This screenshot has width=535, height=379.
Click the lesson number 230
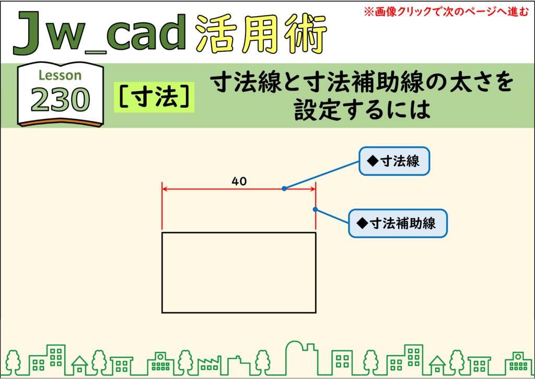pos(61,100)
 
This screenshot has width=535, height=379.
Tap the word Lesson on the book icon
pos(60,75)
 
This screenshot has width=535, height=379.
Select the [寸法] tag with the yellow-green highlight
pos(154,97)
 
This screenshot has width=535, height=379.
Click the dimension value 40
pos(239,181)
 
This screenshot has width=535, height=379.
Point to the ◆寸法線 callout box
pos(394,161)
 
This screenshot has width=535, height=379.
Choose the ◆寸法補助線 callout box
pos(398,223)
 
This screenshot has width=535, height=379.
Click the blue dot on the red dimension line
pos(284,188)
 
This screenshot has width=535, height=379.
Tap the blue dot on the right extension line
pos(315,209)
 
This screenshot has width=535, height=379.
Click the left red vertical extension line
pos(162,206)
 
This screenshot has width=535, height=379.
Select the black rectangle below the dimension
pos(239,233)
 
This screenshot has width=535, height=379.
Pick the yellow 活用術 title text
pos(261,34)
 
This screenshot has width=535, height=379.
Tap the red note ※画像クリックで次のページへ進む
pos(446,12)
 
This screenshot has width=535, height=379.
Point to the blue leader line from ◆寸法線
pos(321,175)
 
